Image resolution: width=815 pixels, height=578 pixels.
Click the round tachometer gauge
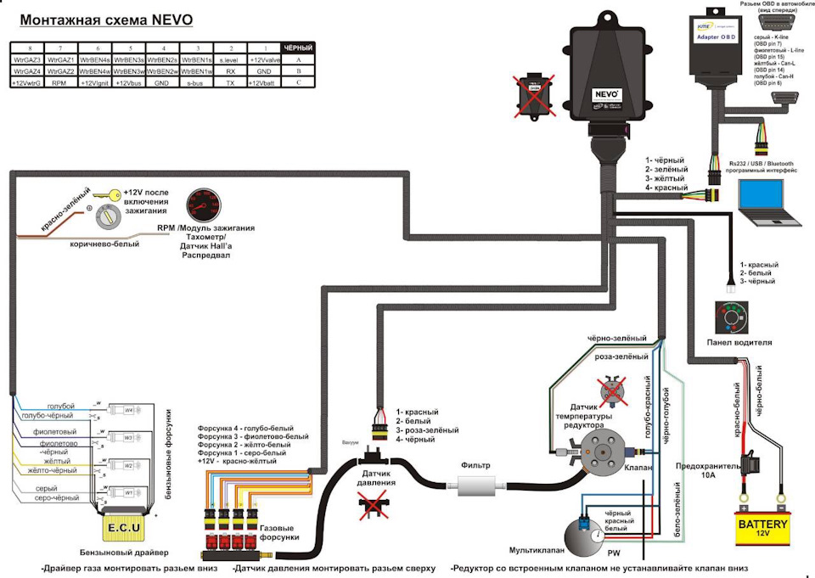204,206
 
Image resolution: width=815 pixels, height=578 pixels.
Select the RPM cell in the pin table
59,84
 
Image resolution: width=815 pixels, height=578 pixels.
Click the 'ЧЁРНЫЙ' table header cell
297,48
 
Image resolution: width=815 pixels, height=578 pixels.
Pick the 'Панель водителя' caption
738,343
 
